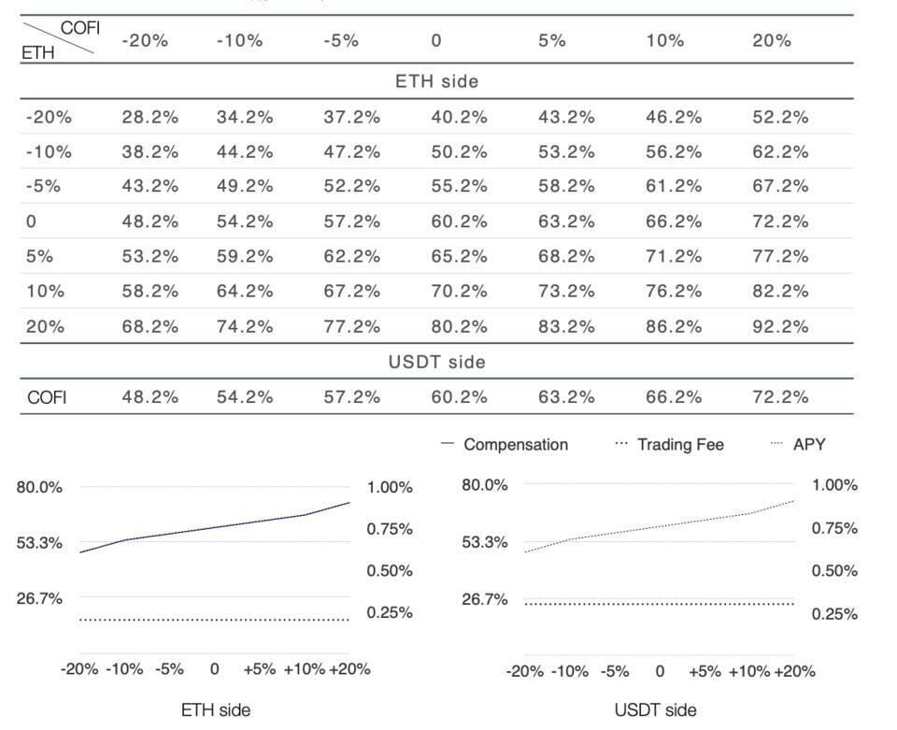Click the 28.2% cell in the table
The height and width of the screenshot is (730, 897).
pyautogui.click(x=149, y=117)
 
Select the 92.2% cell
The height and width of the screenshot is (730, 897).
pyautogui.click(x=780, y=326)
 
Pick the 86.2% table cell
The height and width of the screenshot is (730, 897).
pyautogui.click(x=674, y=326)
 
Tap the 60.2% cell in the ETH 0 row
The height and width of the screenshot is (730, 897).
pyautogui.click(x=459, y=222)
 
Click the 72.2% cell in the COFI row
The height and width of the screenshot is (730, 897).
pyautogui.click(x=780, y=397)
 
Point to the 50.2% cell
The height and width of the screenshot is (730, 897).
pyautogui.click(x=459, y=152)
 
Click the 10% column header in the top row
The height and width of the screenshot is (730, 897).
pyautogui.click(x=664, y=40)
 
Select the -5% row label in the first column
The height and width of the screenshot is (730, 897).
pyautogui.click(x=43, y=187)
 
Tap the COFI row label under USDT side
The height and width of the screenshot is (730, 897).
pyautogui.click(x=47, y=397)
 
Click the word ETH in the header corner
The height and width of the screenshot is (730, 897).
pyautogui.click(x=37, y=52)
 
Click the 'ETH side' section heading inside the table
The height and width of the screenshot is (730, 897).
pyautogui.click(x=437, y=81)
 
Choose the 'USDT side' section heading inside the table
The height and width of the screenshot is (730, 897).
pyautogui.click(x=437, y=362)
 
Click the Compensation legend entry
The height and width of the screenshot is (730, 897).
pyautogui.click(x=505, y=445)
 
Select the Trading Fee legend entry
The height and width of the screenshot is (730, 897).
pyautogui.click(x=669, y=445)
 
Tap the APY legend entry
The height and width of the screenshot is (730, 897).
pyautogui.click(x=798, y=445)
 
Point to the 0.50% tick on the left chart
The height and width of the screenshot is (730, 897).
pyautogui.click(x=390, y=571)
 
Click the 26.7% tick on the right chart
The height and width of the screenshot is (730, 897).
pyautogui.click(x=485, y=599)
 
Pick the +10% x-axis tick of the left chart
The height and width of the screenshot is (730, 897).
pyautogui.click(x=305, y=669)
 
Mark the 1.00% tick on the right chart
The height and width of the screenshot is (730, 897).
pyautogui.click(x=834, y=485)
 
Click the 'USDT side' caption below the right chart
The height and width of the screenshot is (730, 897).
pyautogui.click(x=656, y=710)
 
